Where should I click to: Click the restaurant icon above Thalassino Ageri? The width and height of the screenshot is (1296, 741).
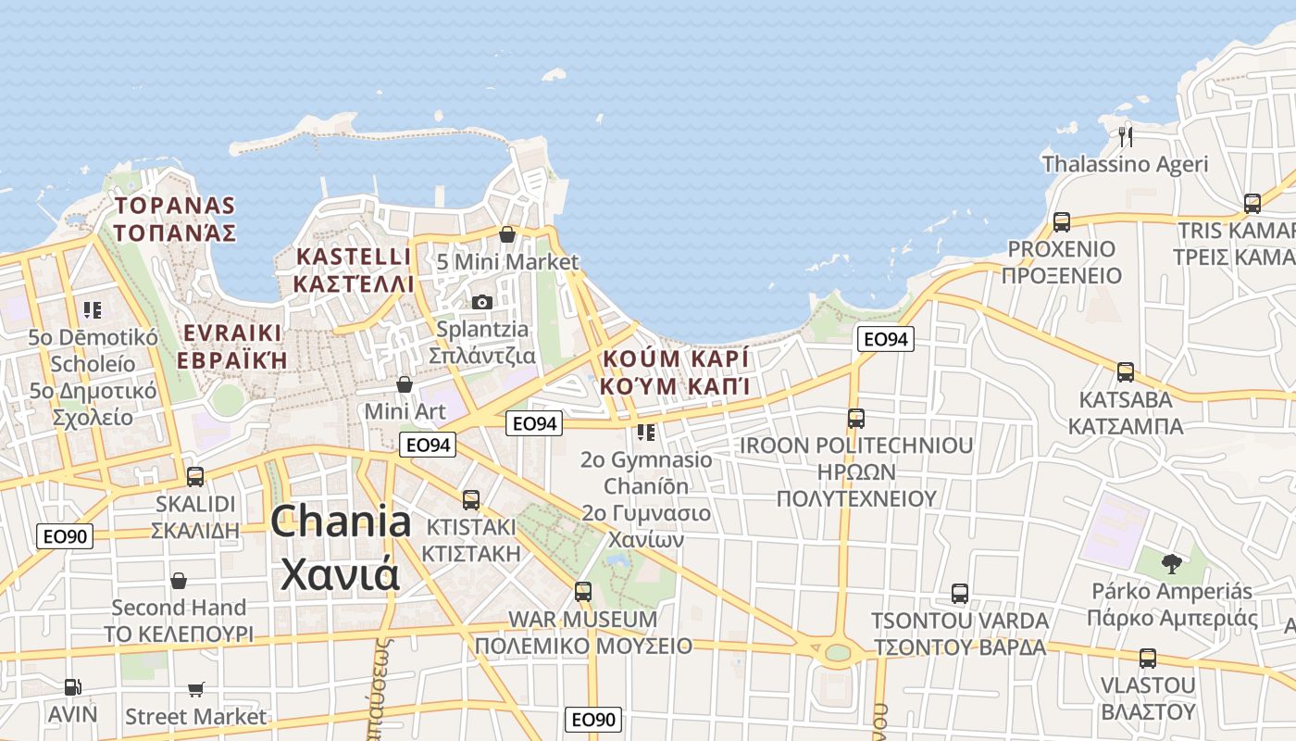click(x=1126, y=136)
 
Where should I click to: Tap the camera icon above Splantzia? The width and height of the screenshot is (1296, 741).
click(x=481, y=302)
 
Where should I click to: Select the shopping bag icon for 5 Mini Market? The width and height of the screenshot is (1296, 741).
click(x=506, y=234)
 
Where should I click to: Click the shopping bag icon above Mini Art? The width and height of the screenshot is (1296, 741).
click(x=404, y=383)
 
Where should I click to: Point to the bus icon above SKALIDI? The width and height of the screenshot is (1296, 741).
click(x=195, y=477)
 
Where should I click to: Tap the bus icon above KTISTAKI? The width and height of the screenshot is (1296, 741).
click(x=470, y=500)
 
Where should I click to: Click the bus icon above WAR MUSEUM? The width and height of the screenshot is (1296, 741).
click(x=582, y=591)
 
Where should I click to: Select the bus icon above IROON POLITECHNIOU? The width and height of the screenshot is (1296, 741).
click(x=856, y=419)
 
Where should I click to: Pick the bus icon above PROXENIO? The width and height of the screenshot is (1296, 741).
click(x=1061, y=222)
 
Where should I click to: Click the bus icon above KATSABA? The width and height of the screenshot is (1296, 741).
click(x=1126, y=372)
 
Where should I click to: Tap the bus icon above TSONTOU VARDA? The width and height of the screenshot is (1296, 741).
click(x=960, y=594)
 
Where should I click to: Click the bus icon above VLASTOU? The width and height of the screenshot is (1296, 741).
click(x=1148, y=659)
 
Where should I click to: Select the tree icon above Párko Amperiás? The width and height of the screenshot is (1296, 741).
click(x=1172, y=563)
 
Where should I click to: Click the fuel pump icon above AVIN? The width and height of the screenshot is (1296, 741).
click(x=72, y=687)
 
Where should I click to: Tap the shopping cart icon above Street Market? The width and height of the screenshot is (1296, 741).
click(x=195, y=689)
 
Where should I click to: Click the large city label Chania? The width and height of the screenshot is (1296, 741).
click(x=341, y=521)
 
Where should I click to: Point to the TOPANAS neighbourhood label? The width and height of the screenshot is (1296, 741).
click(x=174, y=205)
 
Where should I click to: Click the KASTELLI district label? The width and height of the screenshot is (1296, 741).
click(x=353, y=257)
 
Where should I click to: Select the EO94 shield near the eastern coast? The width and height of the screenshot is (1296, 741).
click(x=884, y=339)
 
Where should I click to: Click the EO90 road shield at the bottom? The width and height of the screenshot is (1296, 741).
click(x=593, y=720)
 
